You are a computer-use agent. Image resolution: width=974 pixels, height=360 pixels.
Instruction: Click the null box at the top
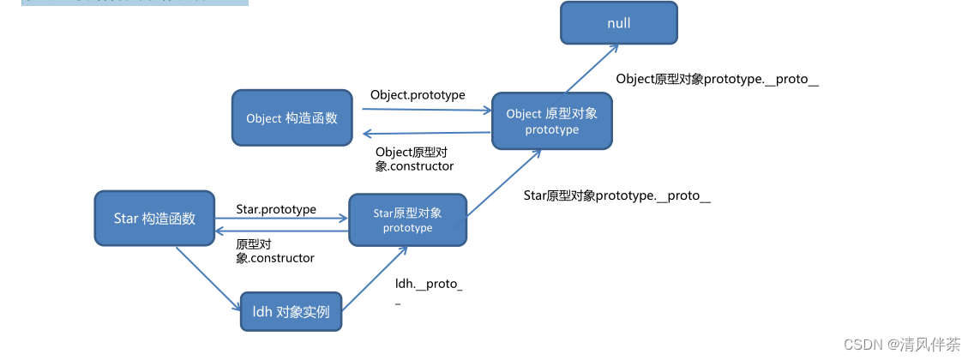(618, 23)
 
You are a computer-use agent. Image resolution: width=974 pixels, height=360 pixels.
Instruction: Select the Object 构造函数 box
(292, 117)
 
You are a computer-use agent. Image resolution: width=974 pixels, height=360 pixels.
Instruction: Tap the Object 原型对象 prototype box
(552, 121)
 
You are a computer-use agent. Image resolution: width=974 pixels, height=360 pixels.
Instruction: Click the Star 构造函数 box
(154, 218)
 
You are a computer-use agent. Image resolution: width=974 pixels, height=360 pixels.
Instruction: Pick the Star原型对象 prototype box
(407, 219)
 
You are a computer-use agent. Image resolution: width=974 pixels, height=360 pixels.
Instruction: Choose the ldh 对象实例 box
(291, 312)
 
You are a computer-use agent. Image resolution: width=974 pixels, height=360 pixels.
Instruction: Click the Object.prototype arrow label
(418, 95)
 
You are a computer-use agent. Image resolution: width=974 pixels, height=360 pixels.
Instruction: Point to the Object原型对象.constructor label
(414, 159)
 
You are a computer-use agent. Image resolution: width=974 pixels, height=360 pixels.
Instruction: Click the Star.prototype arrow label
(276, 209)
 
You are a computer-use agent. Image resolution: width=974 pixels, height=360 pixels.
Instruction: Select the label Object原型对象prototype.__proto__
(717, 79)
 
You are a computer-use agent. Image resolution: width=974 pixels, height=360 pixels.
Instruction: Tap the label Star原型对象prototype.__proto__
(616, 195)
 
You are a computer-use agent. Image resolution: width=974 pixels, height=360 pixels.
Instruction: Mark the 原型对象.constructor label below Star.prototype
(274, 250)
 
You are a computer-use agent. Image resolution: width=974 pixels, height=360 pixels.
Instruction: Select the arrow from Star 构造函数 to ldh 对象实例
(207, 278)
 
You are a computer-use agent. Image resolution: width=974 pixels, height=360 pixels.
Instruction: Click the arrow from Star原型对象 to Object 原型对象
(504, 183)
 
